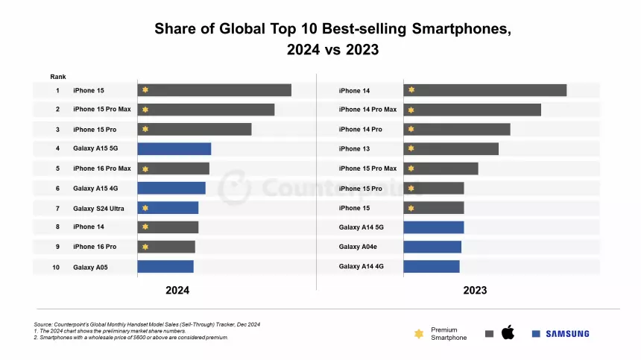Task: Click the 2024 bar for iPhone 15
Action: [x=214, y=90]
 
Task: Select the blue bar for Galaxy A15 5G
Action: [x=174, y=148]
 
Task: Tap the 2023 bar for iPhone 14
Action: [x=484, y=90]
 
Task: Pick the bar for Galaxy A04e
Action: [x=432, y=247]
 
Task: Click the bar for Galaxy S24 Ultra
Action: [x=168, y=208]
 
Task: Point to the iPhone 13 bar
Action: [x=451, y=149]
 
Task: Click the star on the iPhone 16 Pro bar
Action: [x=145, y=247]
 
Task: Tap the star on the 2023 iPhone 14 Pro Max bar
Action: [x=411, y=110]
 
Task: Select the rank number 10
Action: [x=56, y=267]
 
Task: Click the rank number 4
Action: [x=57, y=148]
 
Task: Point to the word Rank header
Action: [x=58, y=77]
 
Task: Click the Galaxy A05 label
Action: [x=90, y=267]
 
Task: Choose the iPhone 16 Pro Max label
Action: [x=101, y=168]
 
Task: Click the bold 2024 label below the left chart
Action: [x=177, y=291]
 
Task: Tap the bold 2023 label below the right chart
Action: [x=475, y=291]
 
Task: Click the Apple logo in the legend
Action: [x=508, y=332]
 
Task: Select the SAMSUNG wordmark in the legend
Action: [x=566, y=334]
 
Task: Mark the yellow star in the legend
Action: [x=418, y=334]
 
